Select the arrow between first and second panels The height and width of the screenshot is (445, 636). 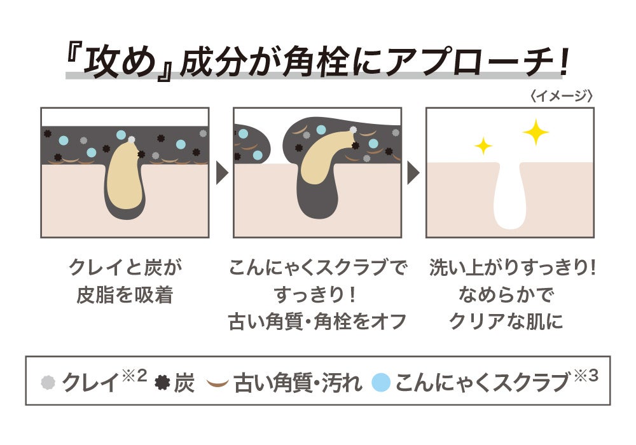(x=222, y=172)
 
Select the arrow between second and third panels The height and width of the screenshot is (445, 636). (x=413, y=172)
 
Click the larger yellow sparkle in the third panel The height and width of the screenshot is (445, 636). (x=536, y=132)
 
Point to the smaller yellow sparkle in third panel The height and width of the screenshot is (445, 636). (x=483, y=146)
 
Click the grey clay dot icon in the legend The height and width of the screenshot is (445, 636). (x=48, y=383)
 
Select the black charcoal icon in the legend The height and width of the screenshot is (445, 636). (x=162, y=383)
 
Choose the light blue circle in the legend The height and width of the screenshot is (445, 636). (x=380, y=383)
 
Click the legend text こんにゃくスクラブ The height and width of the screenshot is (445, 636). (x=481, y=383)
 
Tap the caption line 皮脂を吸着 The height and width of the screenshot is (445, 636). (x=125, y=296)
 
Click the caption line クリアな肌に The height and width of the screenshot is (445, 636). (x=506, y=322)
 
